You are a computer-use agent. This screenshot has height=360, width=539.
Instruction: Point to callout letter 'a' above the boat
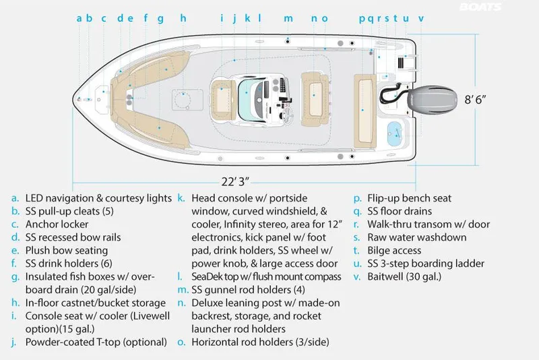pos(79,18)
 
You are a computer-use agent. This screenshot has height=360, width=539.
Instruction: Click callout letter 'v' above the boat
pos(421,18)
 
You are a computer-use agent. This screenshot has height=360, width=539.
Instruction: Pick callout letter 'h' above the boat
pos(183,18)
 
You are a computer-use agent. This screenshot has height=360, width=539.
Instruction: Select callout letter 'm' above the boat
pos(288,18)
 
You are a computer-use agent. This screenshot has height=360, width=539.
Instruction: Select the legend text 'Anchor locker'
pos(57,224)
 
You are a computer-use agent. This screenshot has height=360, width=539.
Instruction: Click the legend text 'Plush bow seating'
pos(65,250)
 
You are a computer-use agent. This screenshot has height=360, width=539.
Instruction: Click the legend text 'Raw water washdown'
pos(416,237)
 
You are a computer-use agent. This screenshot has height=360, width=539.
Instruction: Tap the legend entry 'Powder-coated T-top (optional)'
pos(96,342)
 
